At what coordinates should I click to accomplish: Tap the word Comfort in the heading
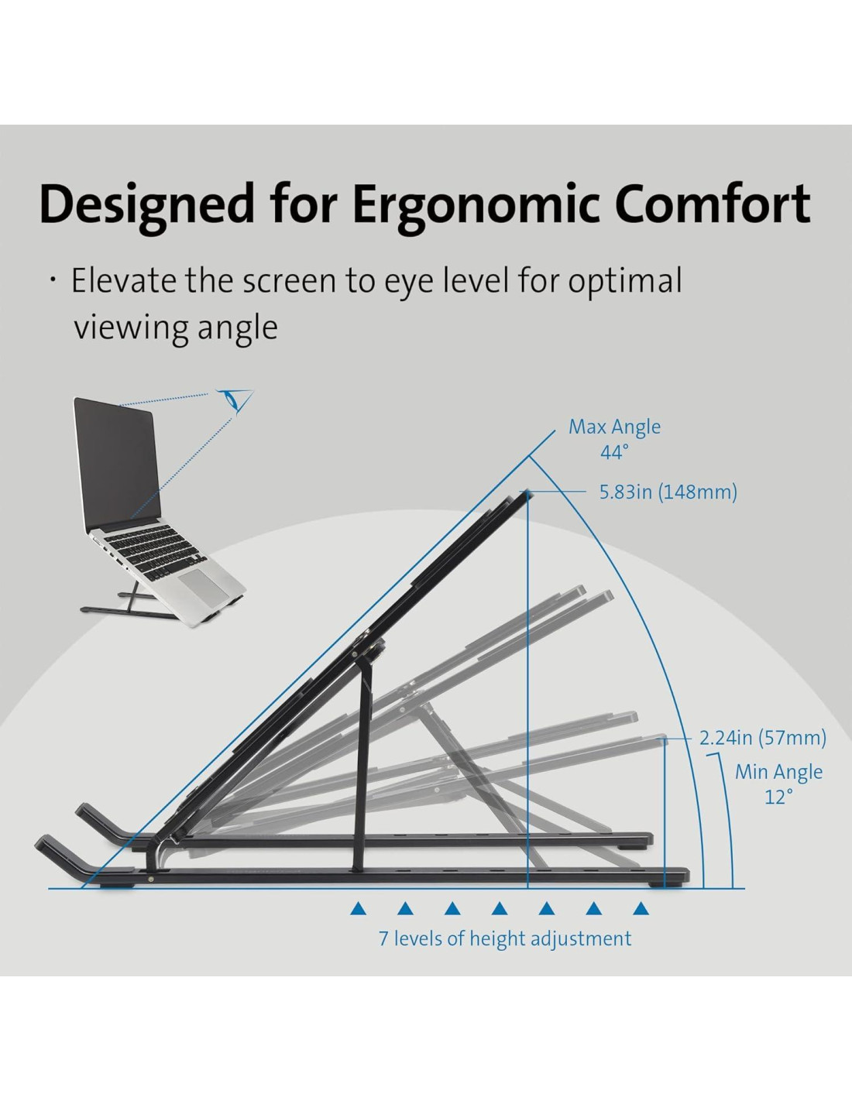pyautogui.click(x=712, y=204)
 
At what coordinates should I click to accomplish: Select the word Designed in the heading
pyautogui.click(x=146, y=206)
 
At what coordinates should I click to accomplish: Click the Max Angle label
pyautogui.click(x=614, y=427)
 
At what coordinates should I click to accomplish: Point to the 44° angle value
pyautogui.click(x=614, y=452)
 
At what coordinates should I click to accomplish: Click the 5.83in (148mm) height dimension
pyautogui.click(x=668, y=492)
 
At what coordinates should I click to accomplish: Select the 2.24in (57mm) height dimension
pyautogui.click(x=762, y=737)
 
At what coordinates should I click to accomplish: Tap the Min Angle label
pyautogui.click(x=778, y=772)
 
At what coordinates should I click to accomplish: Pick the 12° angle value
pyautogui.click(x=778, y=797)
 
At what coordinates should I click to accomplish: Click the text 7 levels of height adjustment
pyautogui.click(x=504, y=938)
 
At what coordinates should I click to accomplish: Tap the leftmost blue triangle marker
pyautogui.click(x=358, y=908)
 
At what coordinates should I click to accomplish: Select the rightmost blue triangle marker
pyautogui.click(x=641, y=908)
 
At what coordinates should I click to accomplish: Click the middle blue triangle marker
pyautogui.click(x=500, y=908)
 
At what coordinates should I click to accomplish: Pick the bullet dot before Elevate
pyautogui.click(x=53, y=280)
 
